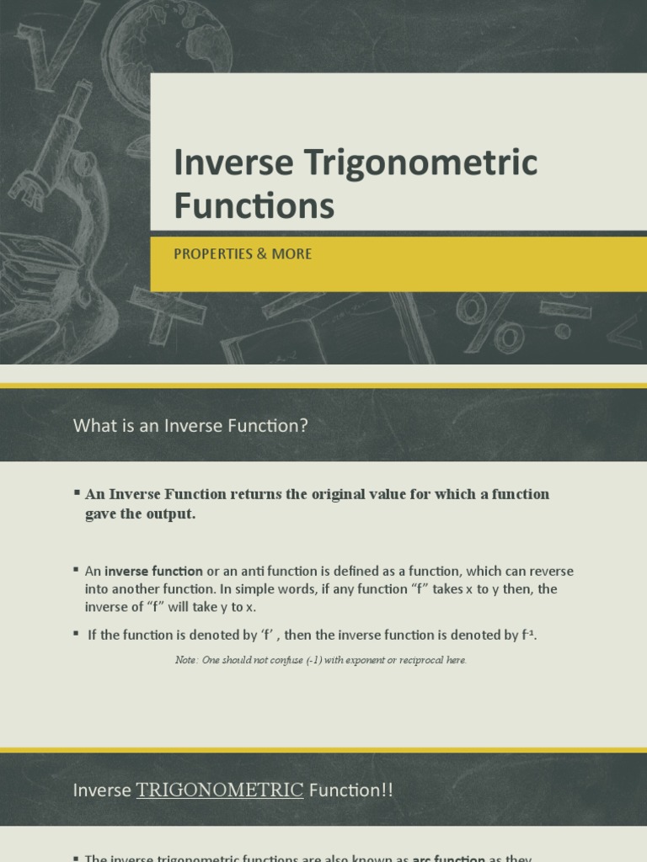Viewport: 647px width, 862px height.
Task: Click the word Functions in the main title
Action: point(254,206)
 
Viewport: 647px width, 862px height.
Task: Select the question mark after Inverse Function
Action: point(304,427)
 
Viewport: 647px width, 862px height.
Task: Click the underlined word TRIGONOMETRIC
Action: point(219,790)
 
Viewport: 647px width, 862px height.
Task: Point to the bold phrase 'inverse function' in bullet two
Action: point(153,572)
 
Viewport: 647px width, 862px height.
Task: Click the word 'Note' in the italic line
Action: point(185,660)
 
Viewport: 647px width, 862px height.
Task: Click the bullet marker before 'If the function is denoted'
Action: point(77,634)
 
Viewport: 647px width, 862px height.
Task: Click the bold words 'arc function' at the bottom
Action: point(448,859)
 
